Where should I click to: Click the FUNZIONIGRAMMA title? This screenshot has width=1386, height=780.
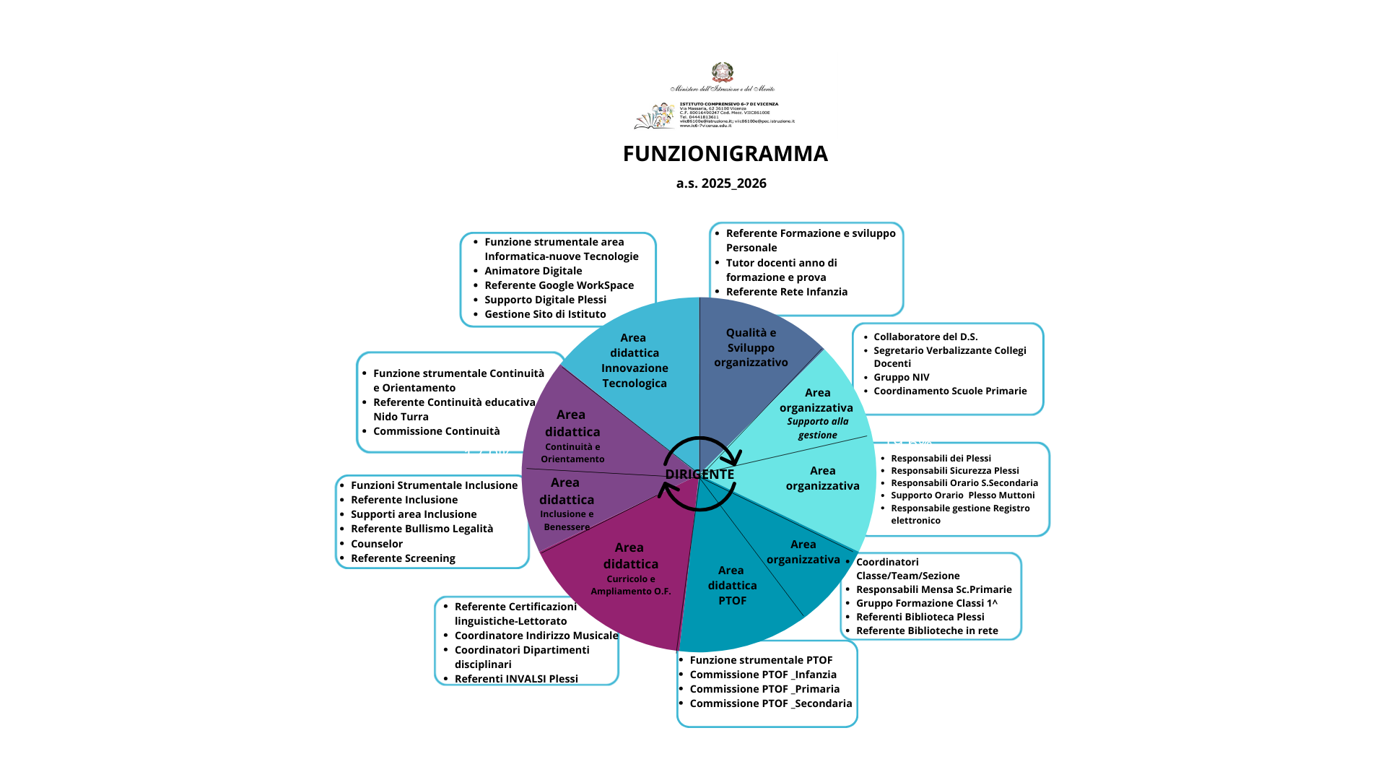pyautogui.click(x=725, y=154)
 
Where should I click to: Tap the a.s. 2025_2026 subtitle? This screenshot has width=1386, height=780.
pyautogui.click(x=721, y=183)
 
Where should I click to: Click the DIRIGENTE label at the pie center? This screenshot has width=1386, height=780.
pyautogui.click(x=699, y=474)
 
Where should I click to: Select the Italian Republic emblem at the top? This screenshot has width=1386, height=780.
pyautogui.click(x=722, y=72)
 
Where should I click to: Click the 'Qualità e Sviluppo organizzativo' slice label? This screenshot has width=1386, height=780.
pyautogui.click(x=751, y=347)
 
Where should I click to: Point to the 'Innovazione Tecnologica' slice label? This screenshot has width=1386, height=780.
pyautogui.click(x=635, y=376)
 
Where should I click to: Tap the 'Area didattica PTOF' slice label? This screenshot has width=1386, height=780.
pyautogui.click(x=732, y=586)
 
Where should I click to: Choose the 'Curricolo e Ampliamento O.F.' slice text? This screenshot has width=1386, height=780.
pyautogui.click(x=631, y=585)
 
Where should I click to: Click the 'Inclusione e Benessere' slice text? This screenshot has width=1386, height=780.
pyautogui.click(x=567, y=521)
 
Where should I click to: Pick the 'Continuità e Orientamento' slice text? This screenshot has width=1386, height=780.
pyautogui.click(x=572, y=453)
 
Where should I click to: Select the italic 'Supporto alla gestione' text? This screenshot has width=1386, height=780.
pyautogui.click(x=818, y=428)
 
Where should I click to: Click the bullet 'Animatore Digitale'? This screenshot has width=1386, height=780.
pyautogui.click(x=533, y=271)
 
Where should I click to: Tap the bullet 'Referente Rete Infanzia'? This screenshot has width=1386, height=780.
pyautogui.click(x=786, y=292)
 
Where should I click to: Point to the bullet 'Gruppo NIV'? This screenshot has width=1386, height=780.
pyautogui.click(x=901, y=377)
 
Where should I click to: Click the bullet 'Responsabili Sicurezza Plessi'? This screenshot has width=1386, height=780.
pyautogui.click(x=954, y=471)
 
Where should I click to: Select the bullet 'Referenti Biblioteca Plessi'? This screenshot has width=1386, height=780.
pyautogui.click(x=920, y=617)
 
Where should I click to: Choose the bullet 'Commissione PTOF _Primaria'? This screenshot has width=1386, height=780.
pyautogui.click(x=764, y=689)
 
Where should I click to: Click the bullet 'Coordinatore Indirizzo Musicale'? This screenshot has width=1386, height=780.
pyautogui.click(x=536, y=636)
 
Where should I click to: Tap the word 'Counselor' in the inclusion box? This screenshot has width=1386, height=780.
pyautogui.click(x=377, y=544)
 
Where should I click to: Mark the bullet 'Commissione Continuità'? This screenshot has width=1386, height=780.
pyautogui.click(x=436, y=431)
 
